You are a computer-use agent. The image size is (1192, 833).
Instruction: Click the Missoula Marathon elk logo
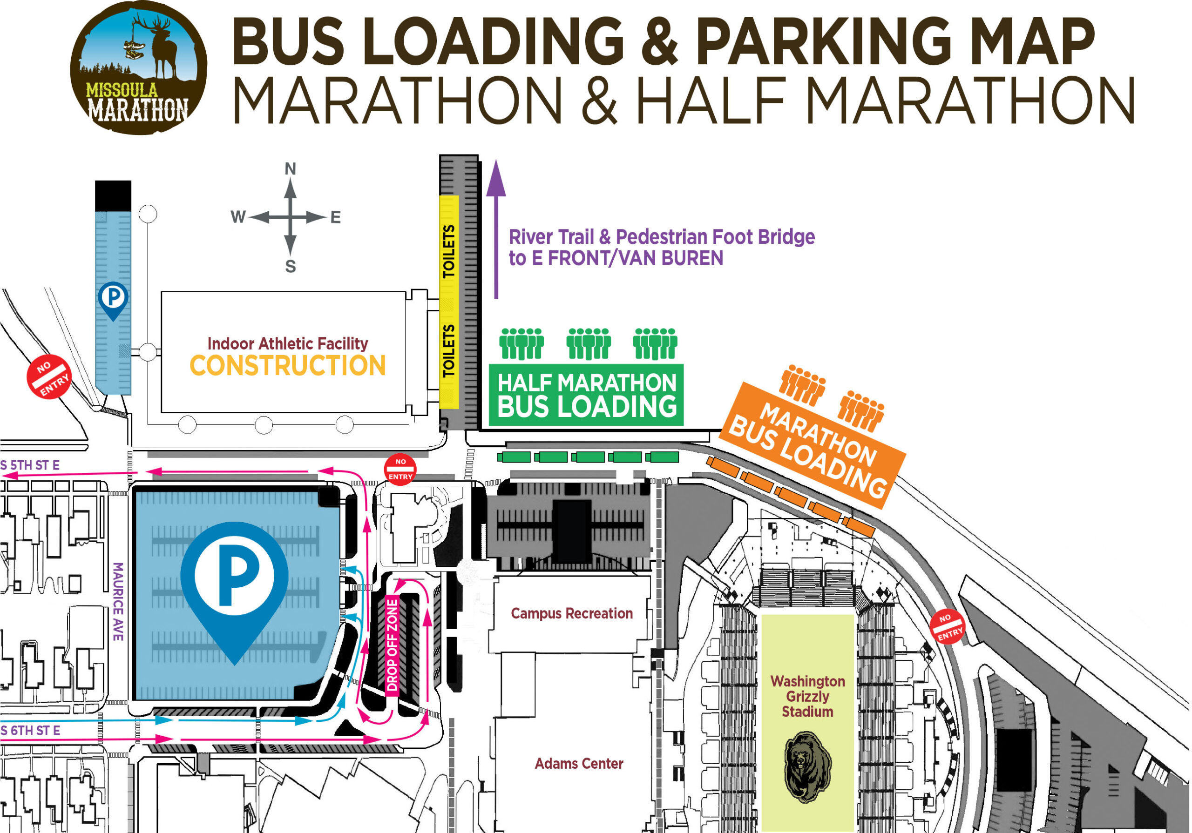[x=139, y=67]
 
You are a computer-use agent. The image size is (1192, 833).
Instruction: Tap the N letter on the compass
[x=290, y=168]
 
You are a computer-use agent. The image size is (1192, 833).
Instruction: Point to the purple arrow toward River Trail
[x=496, y=228]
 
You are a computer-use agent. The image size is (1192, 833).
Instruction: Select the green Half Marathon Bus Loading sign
[x=586, y=395]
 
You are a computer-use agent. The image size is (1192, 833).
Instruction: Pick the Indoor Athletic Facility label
[x=288, y=343]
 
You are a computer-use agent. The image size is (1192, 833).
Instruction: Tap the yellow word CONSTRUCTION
[x=288, y=365]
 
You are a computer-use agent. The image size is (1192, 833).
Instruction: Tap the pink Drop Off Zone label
[x=393, y=645]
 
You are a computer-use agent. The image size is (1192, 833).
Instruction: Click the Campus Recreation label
[x=572, y=613]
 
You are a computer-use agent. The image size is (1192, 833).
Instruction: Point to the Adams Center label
[x=579, y=764]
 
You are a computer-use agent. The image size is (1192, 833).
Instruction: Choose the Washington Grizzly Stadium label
[x=807, y=696]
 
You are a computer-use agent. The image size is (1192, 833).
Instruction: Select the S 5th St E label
[x=30, y=465]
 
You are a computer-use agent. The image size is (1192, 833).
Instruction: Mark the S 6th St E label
[x=30, y=730]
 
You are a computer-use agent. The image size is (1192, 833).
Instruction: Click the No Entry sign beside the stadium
[x=948, y=626]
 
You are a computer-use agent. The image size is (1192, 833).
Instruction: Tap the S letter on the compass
[x=290, y=266]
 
